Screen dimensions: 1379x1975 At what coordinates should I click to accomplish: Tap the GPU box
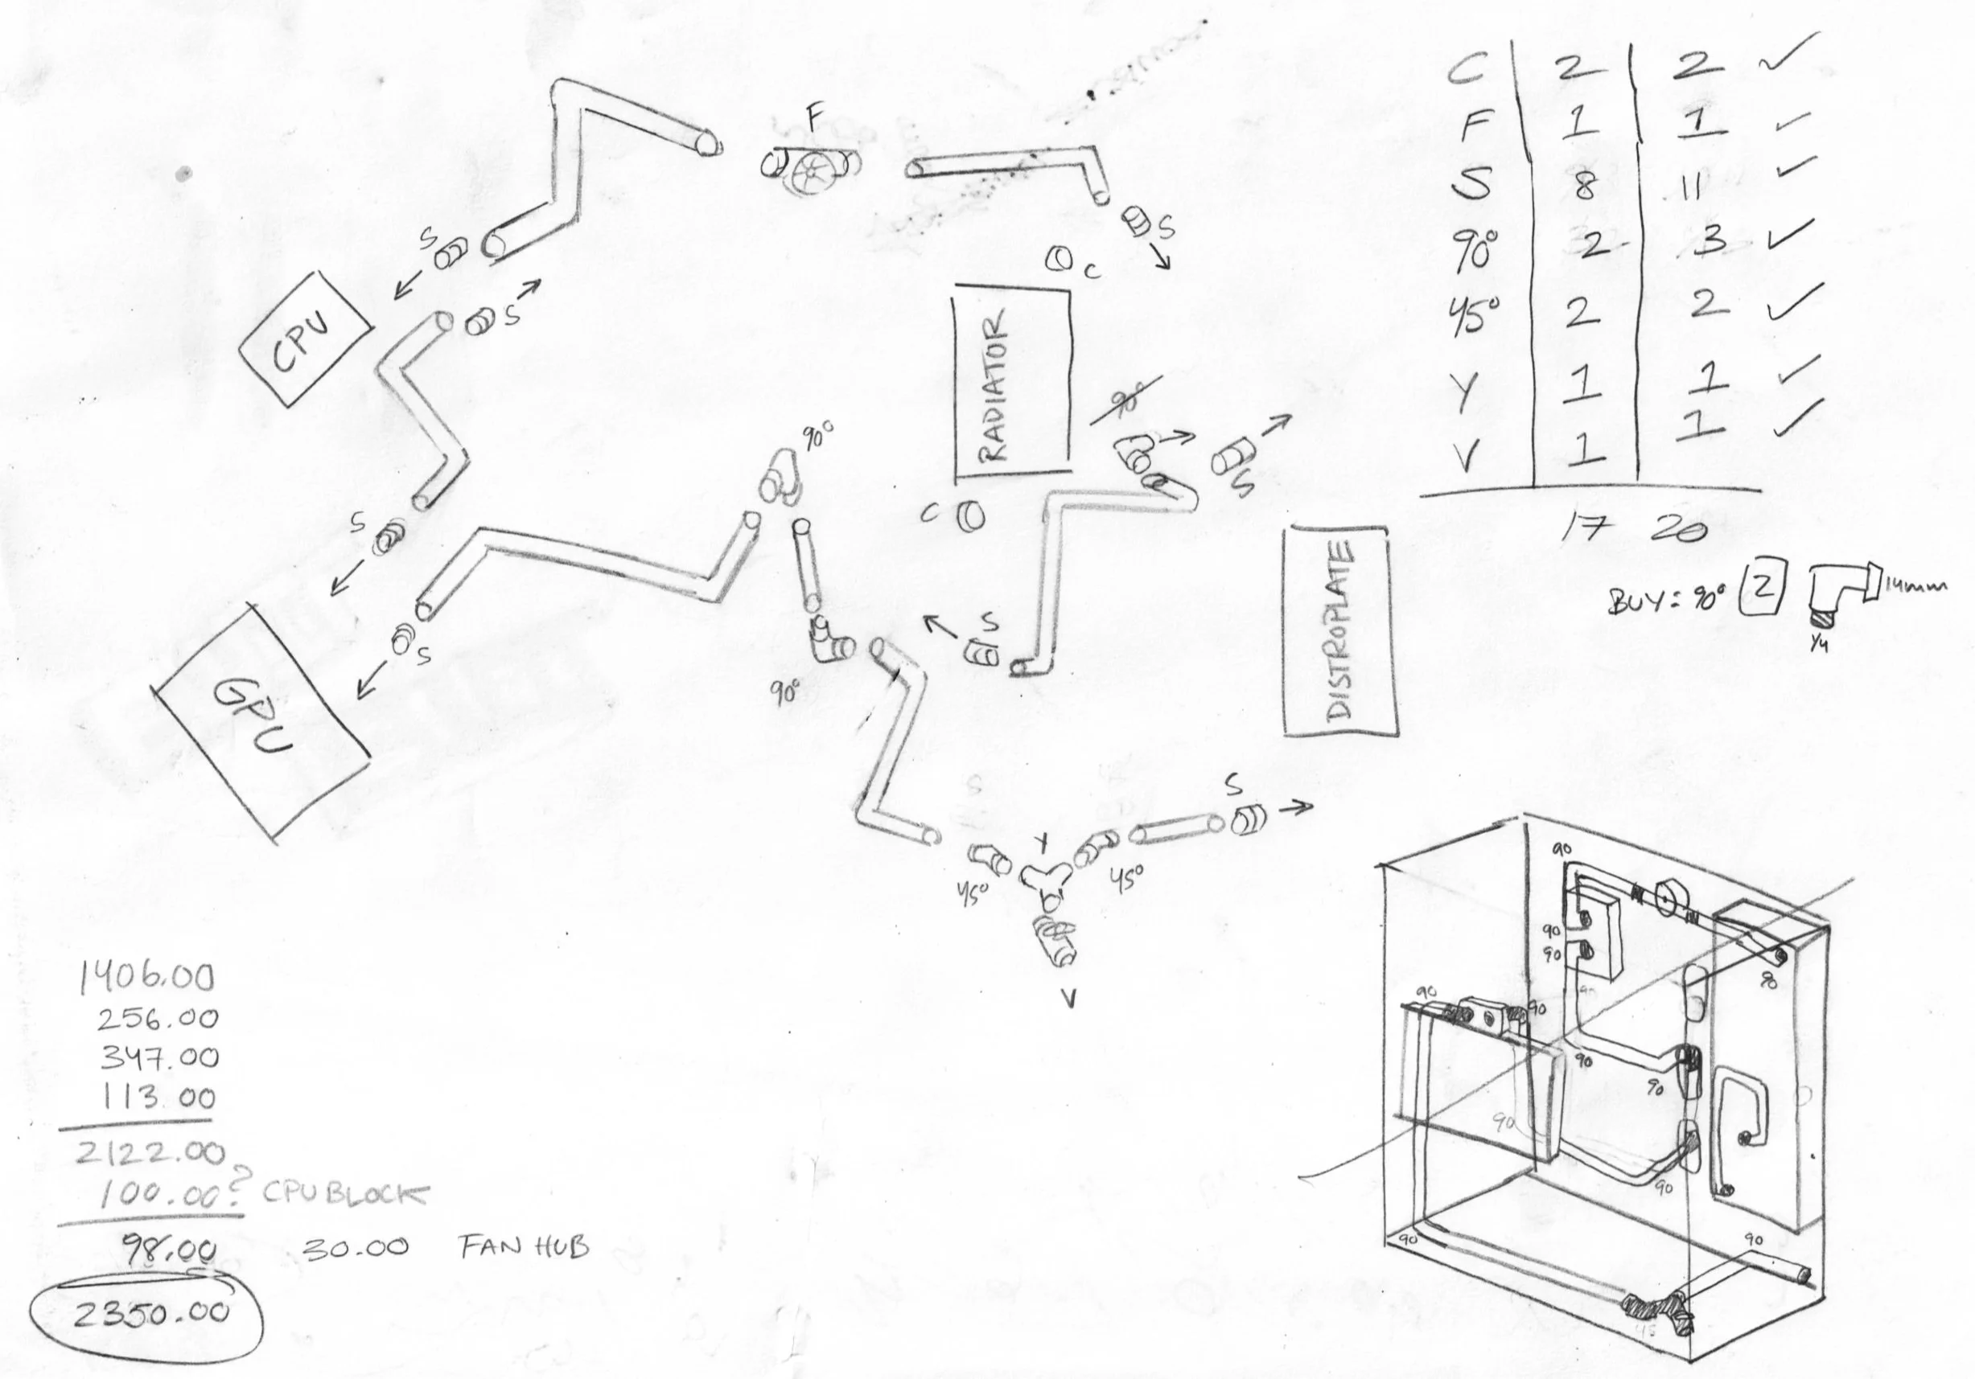(x=261, y=720)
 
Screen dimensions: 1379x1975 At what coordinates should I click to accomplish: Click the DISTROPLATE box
(x=1339, y=632)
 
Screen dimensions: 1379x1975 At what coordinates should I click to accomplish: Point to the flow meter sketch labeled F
(x=810, y=167)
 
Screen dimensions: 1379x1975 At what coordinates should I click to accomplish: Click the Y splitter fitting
(x=1046, y=879)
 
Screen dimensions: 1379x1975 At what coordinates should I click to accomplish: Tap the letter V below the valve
(x=1068, y=999)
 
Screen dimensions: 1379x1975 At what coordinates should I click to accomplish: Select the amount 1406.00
(x=146, y=979)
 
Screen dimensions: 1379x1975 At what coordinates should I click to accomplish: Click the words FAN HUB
(x=524, y=1246)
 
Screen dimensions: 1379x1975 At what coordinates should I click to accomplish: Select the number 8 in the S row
(x=1582, y=185)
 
